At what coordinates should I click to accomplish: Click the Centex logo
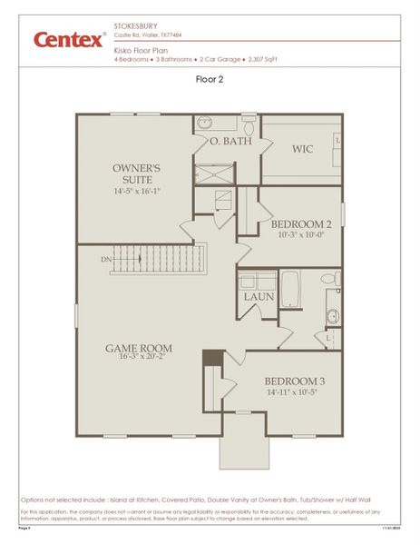69,40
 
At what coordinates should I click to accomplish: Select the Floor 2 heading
210,79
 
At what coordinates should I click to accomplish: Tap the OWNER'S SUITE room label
136,174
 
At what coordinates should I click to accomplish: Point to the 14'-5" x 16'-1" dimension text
136,192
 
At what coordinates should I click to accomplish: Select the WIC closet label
302,148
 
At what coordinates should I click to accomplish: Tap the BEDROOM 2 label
301,223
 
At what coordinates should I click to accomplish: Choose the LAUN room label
257,297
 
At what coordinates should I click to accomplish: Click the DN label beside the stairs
107,259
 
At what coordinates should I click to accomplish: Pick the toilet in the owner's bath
249,124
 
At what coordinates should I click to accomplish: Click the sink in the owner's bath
204,124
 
